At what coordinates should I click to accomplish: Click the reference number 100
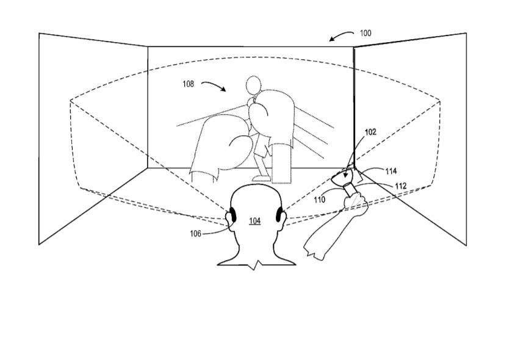click(365, 33)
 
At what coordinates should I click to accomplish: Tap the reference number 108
click(189, 84)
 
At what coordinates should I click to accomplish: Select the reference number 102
click(370, 132)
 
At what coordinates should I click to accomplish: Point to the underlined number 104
click(254, 221)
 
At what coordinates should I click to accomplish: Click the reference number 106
click(195, 234)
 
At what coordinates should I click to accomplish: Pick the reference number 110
click(320, 200)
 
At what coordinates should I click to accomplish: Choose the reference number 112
click(401, 186)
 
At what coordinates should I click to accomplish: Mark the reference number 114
click(391, 171)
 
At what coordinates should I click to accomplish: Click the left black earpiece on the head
click(232, 215)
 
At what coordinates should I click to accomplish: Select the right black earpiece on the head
click(279, 215)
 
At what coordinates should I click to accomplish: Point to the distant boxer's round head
click(253, 85)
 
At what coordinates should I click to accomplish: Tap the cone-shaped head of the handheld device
click(342, 178)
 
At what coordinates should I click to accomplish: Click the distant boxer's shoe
click(261, 178)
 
